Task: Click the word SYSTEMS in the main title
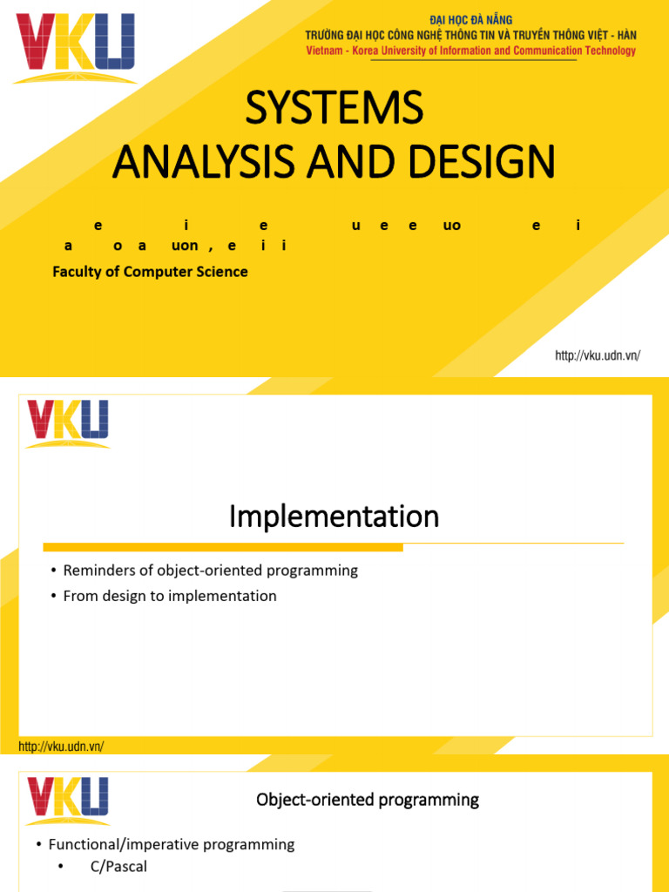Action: coord(334,108)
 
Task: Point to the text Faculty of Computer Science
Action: coord(150,272)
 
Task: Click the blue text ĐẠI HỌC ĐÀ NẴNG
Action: coord(470,19)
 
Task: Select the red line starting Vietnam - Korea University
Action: coord(470,51)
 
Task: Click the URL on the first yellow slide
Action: coord(598,355)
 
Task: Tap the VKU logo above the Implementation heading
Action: coord(68,422)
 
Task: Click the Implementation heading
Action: coord(334,517)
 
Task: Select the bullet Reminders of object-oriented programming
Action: coord(210,571)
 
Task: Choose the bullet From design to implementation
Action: coord(170,596)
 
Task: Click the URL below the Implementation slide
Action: coord(61,747)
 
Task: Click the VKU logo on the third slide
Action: coord(68,801)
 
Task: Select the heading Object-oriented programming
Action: coord(368,800)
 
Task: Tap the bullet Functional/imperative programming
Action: coord(172,844)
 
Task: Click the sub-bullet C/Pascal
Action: coord(118,867)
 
